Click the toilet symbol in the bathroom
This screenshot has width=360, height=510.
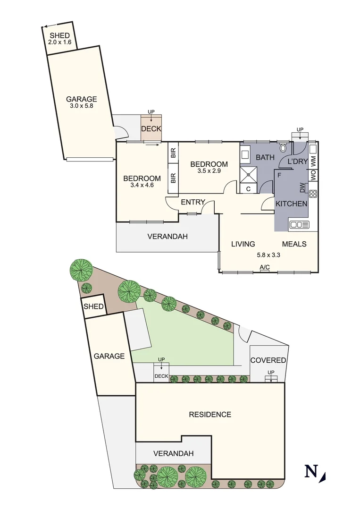tap(283, 148)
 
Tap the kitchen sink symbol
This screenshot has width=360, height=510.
tap(299, 224)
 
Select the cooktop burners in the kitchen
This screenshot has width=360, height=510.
tap(313, 193)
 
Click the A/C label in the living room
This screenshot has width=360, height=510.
tap(265, 268)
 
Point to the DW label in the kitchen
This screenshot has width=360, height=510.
tap(302, 188)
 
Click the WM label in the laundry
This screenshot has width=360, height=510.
tap(313, 161)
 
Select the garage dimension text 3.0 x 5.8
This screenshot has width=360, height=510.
tap(81, 106)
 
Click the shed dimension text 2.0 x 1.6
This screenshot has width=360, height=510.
tap(59, 42)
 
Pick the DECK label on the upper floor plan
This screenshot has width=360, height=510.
tap(151, 129)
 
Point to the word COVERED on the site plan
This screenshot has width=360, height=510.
tap(268, 360)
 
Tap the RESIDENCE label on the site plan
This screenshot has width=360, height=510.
tap(210, 415)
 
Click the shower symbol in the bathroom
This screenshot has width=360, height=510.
tap(248, 175)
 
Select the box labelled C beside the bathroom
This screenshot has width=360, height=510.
tap(248, 189)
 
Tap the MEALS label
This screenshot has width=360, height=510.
tap(294, 244)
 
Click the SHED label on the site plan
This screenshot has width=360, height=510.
tap(93, 307)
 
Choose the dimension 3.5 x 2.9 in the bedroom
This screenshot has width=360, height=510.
tap(209, 171)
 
